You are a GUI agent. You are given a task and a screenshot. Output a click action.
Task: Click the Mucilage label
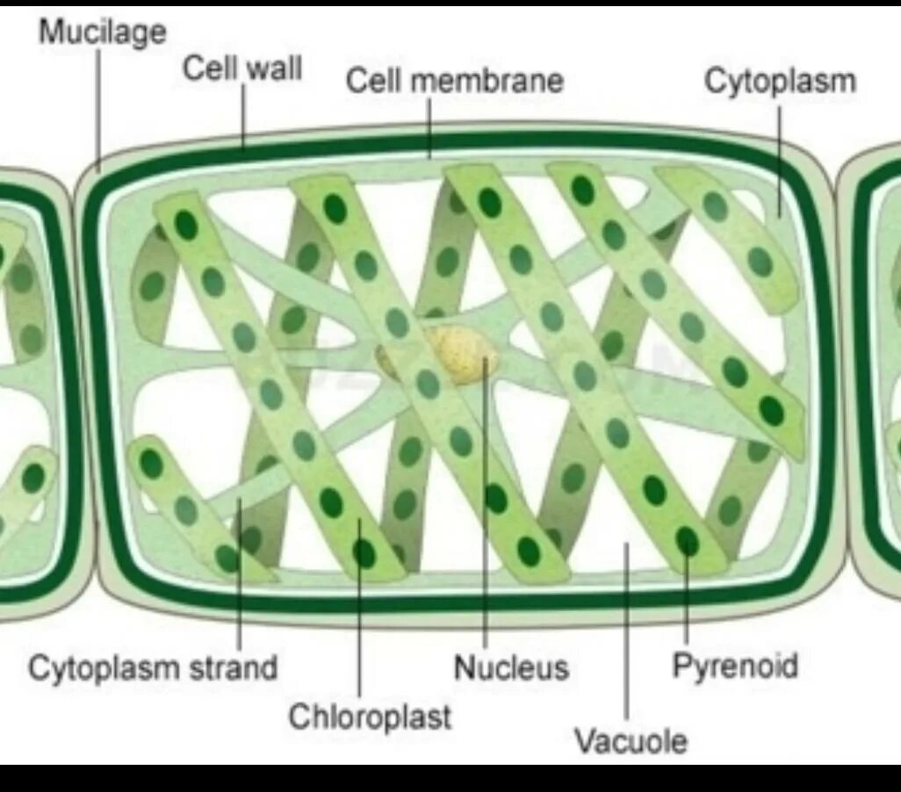click(102, 32)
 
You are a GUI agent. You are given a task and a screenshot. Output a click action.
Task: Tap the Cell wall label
click(241, 68)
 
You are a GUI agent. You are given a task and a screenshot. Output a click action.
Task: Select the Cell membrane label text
click(454, 81)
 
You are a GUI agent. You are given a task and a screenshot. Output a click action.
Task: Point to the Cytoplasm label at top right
click(780, 81)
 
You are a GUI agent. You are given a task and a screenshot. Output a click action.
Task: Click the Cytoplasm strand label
click(153, 668)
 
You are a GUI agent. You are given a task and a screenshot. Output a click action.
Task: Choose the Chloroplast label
click(370, 716)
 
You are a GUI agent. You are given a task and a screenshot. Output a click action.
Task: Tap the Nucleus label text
click(511, 668)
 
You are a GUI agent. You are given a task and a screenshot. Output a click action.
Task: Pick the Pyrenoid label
click(735, 666)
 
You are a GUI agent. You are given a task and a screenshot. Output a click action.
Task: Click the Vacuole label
click(630, 741)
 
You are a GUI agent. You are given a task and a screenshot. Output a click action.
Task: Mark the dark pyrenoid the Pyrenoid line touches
click(687, 541)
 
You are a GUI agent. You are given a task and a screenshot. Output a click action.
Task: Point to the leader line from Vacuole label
click(626, 632)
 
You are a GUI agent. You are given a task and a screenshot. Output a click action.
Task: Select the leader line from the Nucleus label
click(484, 509)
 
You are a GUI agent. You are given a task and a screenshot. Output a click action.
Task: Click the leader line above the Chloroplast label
click(359, 615)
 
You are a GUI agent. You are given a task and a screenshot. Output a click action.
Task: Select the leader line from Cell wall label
click(244, 114)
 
